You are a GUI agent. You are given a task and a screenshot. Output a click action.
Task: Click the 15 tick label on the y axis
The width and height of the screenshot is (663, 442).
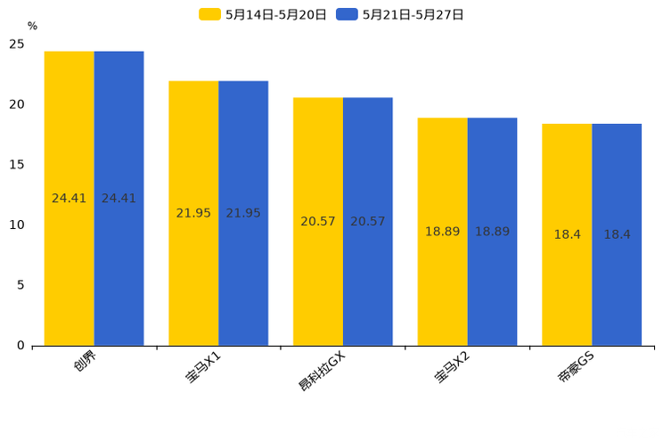(17, 165)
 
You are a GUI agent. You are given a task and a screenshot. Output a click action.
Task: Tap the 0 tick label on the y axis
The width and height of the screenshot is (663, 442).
(20, 346)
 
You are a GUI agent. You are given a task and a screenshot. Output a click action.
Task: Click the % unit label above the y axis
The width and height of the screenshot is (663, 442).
(32, 27)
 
